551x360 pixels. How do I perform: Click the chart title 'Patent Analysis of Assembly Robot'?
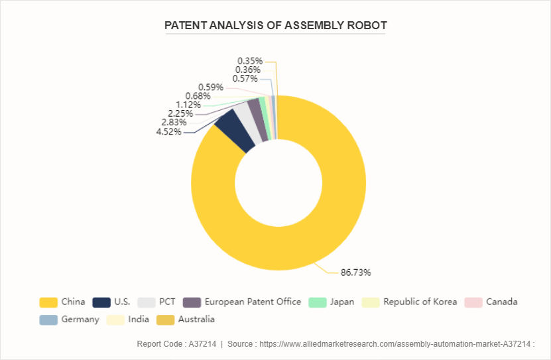[x=275, y=26]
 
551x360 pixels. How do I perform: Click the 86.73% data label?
[x=355, y=272]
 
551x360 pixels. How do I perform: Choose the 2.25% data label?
[x=181, y=113]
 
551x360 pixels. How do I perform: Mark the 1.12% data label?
[x=188, y=105]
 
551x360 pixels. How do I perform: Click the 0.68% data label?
[x=198, y=96]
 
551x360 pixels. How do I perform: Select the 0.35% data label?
[x=249, y=61]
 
